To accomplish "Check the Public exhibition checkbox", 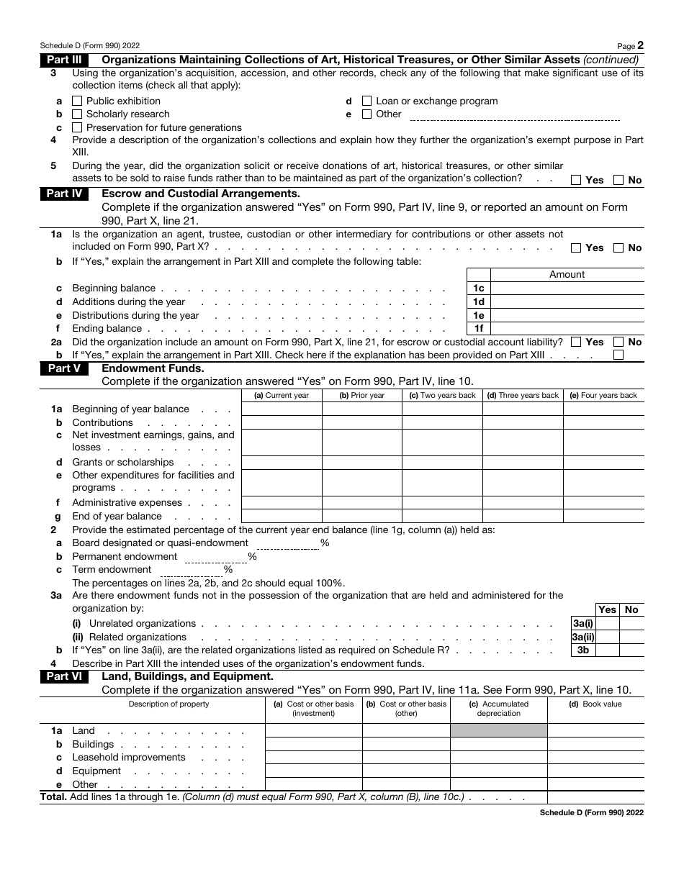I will click(78, 101).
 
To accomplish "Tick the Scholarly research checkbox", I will click(78, 114).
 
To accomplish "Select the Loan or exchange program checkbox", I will click(367, 101).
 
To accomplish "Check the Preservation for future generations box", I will click(78, 127).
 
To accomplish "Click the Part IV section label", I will click(64, 194).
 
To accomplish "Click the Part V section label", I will click(64, 368).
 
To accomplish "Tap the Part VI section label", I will click(64, 676).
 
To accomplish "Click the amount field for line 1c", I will click(567, 289).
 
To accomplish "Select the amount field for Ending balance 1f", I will click(567, 329).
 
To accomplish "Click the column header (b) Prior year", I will click(361, 395).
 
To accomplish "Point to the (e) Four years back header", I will click(603, 395).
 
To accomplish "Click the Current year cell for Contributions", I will click(281, 422).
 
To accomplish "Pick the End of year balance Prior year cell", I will click(361, 516).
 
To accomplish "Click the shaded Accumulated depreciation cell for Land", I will click(498, 731).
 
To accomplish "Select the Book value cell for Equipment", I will click(595, 771).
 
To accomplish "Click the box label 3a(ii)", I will click(582, 637).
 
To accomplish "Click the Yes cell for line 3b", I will click(607, 650).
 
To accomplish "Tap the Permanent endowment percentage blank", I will click(215, 556).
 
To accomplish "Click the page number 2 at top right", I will click(640, 45).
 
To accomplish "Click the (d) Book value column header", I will click(595, 704).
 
